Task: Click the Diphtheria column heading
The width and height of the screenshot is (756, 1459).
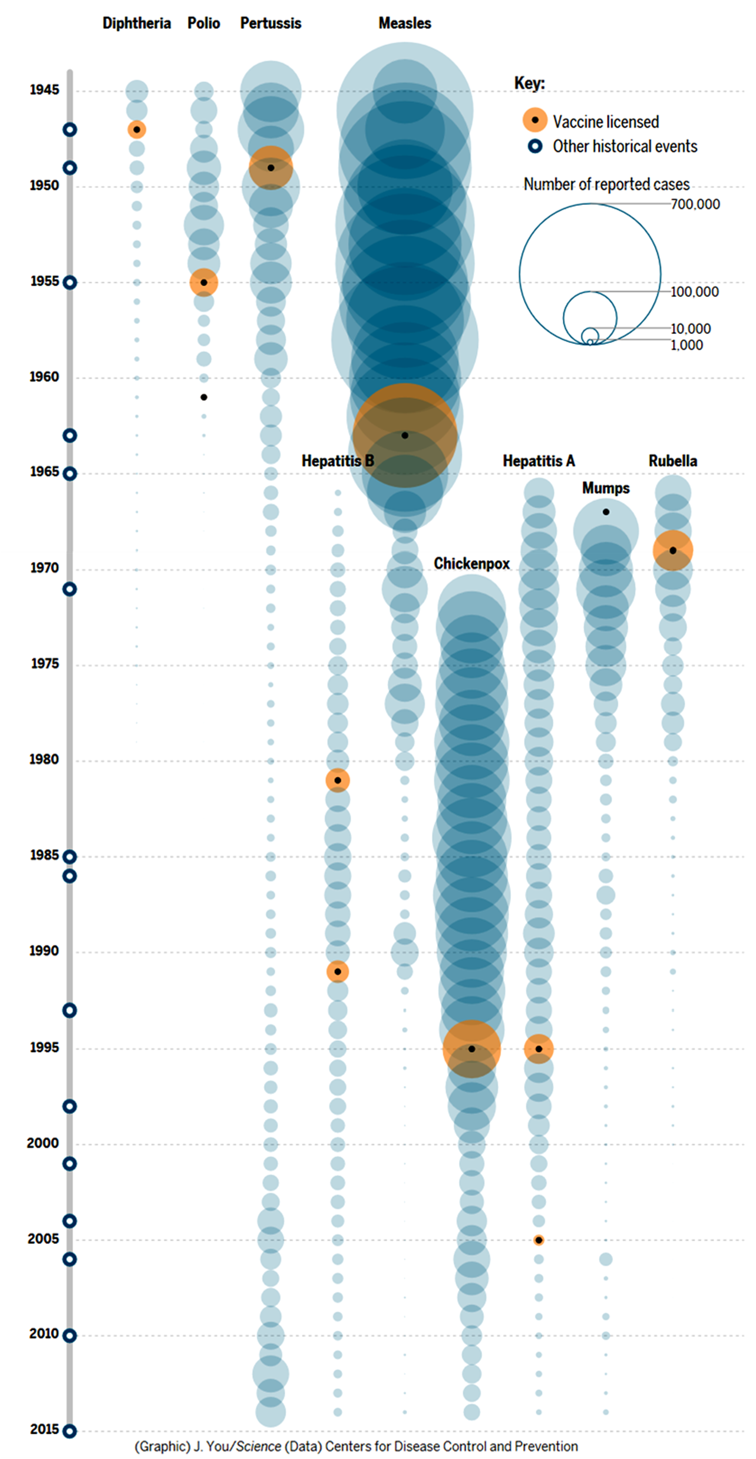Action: click(x=137, y=24)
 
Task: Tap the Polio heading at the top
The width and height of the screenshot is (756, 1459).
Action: click(x=204, y=24)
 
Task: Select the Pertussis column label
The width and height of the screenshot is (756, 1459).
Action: click(x=270, y=24)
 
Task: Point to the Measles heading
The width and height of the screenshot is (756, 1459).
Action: click(x=405, y=24)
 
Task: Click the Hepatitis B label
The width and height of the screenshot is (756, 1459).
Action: click(x=338, y=461)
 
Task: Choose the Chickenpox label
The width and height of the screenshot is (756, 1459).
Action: click(x=471, y=564)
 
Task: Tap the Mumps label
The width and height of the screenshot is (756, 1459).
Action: click(x=606, y=488)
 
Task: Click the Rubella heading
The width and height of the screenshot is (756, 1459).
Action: click(x=673, y=461)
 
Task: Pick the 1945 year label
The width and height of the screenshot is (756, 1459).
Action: click(x=44, y=90)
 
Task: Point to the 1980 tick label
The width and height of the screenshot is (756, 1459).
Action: click(x=44, y=760)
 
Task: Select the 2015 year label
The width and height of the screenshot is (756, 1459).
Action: click(x=44, y=1430)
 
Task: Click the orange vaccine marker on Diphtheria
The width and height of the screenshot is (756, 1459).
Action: click(x=137, y=130)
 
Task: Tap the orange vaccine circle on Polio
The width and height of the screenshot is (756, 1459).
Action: click(x=204, y=283)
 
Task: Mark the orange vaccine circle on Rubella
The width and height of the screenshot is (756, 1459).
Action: click(x=673, y=550)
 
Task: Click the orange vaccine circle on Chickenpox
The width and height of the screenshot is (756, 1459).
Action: click(x=471, y=1049)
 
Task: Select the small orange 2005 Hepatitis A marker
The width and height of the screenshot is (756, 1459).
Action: click(x=539, y=1240)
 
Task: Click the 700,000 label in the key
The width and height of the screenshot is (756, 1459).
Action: click(x=695, y=204)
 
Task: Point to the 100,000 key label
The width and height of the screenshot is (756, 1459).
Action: click(x=695, y=292)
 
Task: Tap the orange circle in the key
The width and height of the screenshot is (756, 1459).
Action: click(x=535, y=120)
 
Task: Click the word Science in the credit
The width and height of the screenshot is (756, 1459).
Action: click(x=259, y=1447)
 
